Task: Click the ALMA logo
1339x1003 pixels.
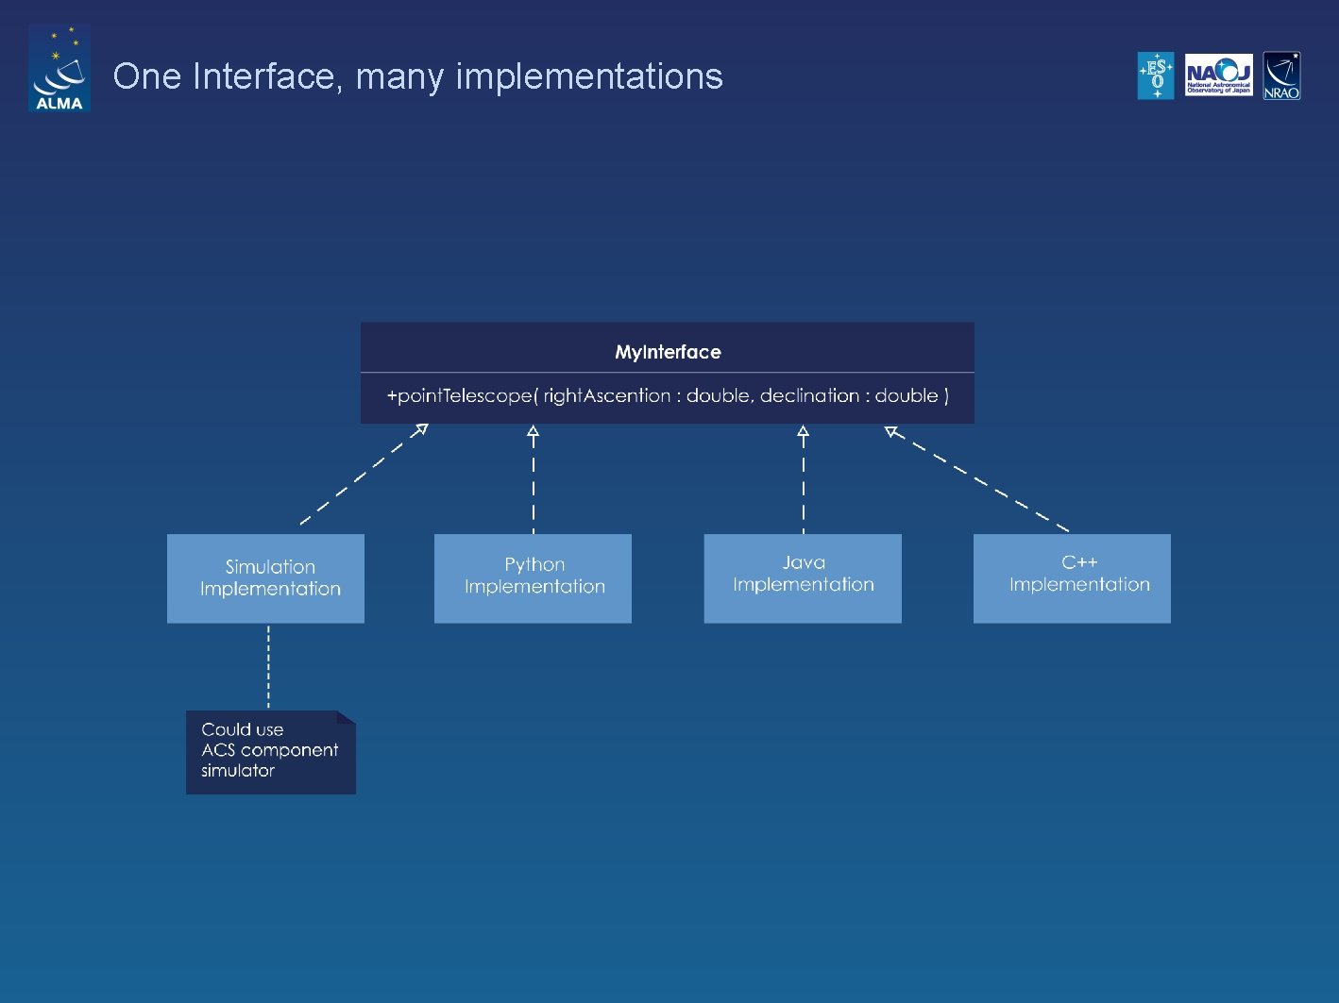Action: [x=59, y=69]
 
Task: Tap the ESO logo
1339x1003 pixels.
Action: [x=1155, y=75]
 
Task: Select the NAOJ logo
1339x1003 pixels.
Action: [x=1218, y=75]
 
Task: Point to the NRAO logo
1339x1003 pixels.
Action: [x=1281, y=75]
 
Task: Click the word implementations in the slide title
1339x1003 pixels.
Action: [x=589, y=76]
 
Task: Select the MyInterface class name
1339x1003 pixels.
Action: [x=668, y=352]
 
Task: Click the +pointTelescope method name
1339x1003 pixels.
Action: [x=459, y=395]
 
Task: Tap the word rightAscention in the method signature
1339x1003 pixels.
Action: [x=606, y=395]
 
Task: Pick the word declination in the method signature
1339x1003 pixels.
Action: [x=809, y=395]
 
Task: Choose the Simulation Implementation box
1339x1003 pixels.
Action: [x=265, y=578]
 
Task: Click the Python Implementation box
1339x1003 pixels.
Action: [x=533, y=578]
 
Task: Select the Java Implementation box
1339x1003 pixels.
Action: [x=803, y=578]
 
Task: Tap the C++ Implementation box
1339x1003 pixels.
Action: [x=1072, y=578]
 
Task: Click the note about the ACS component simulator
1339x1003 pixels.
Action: [x=270, y=751]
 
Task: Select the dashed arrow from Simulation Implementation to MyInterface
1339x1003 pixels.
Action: [x=362, y=476]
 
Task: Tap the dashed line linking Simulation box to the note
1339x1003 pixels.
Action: [x=269, y=666]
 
